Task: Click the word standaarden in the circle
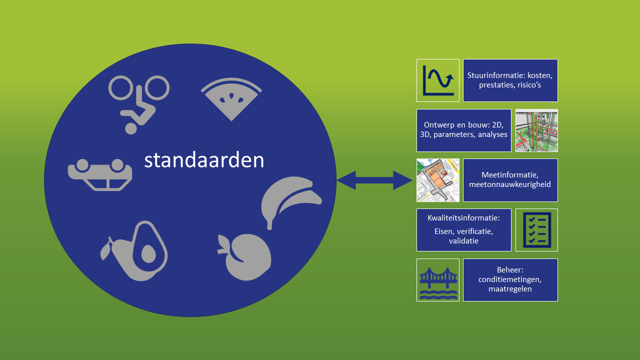[x=204, y=160]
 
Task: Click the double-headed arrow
[x=374, y=180]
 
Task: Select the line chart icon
[x=438, y=80]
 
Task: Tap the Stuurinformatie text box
[x=510, y=80]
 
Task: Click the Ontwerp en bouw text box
[x=464, y=130]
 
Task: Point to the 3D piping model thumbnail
[x=536, y=130]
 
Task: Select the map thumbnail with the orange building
[x=438, y=180]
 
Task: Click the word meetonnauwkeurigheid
[x=510, y=184]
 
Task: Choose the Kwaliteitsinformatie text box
[x=464, y=230]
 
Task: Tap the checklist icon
[x=536, y=230]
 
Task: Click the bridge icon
[x=438, y=280]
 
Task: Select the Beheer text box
[x=510, y=280]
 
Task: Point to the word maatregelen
[x=510, y=289]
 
